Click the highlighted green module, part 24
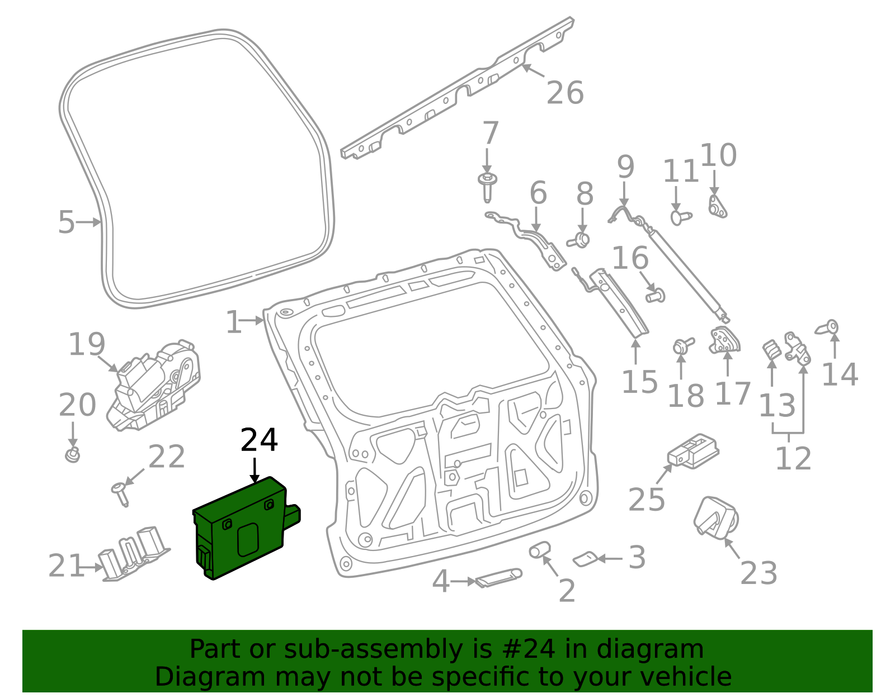pyautogui.click(x=243, y=528)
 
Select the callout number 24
pyautogui.click(x=259, y=440)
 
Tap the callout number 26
pyautogui.click(x=565, y=93)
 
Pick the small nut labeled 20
pyautogui.click(x=73, y=454)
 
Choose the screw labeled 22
pyautogui.click(x=120, y=493)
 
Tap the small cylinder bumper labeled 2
pyautogui.click(x=540, y=550)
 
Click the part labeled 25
pyautogui.click(x=693, y=450)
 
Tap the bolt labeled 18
pyautogui.click(x=682, y=345)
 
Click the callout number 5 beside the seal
pyautogui.click(x=66, y=222)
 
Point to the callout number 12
pyautogui.click(x=793, y=459)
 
